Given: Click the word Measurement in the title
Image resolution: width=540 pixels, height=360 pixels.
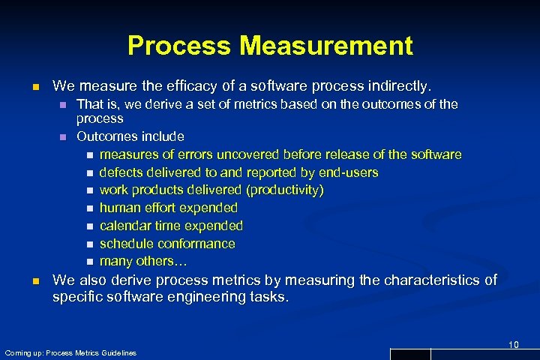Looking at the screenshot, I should tap(326, 46).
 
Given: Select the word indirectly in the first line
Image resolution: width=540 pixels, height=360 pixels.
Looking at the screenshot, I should tap(403, 86).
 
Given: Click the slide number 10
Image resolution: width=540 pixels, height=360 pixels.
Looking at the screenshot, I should tap(513, 344).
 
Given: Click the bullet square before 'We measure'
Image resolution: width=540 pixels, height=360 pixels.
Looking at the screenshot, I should tap(34, 87).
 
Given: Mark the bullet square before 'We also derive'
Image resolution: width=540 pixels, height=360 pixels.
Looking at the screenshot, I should tap(34, 281).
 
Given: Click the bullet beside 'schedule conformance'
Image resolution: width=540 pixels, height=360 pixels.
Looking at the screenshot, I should tap(89, 244).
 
